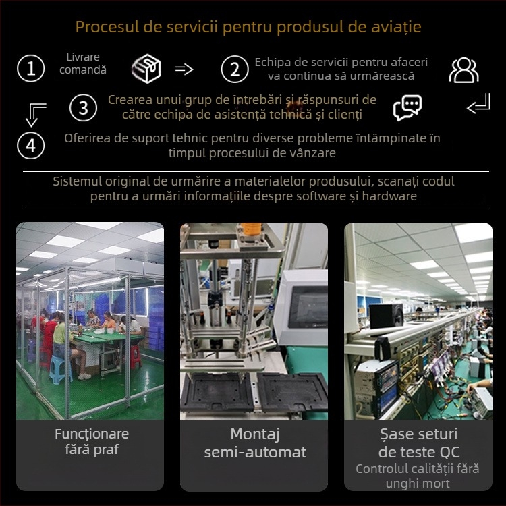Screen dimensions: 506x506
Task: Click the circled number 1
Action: click(30, 68)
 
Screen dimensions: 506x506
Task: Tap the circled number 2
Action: click(235, 69)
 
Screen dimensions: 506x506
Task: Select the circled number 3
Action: click(83, 108)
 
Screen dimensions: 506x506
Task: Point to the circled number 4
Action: click(30, 146)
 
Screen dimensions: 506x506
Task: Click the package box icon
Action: click(146, 68)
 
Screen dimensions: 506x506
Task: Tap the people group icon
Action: click(463, 69)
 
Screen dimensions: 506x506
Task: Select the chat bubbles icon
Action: click(407, 107)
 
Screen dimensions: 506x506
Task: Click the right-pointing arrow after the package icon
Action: click(184, 69)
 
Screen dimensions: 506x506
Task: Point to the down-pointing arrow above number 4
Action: click(36, 115)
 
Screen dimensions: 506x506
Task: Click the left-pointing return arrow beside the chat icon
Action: click(478, 104)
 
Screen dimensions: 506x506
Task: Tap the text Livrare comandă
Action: click(83, 63)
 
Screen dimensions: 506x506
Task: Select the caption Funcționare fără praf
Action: click(92, 441)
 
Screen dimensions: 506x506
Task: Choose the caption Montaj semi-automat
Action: click(255, 443)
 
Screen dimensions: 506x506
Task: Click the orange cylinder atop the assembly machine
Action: click(251, 228)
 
